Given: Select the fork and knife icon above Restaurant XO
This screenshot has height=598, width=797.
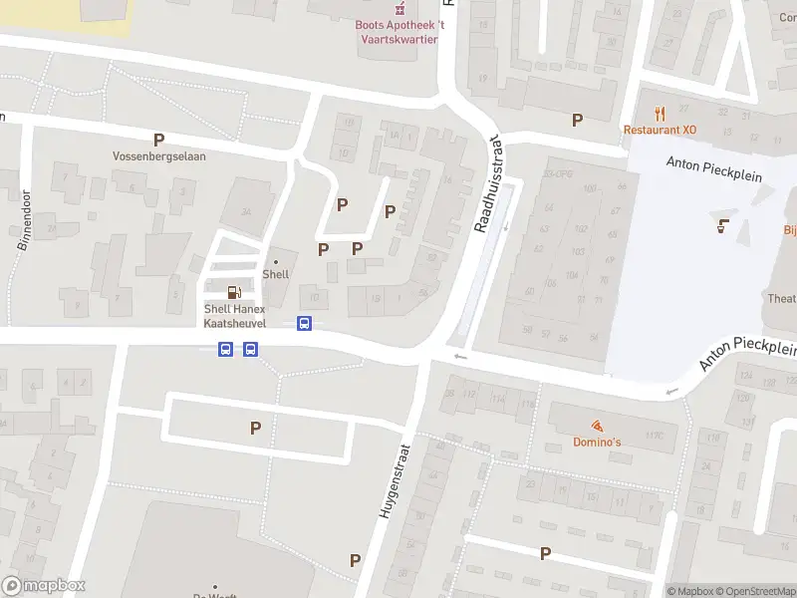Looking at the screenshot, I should [659, 113].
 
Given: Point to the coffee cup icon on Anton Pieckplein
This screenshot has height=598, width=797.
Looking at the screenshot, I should [721, 225].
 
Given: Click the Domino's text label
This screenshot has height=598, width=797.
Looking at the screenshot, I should [597, 442].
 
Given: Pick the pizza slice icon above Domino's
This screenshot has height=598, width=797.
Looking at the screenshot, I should [597, 425].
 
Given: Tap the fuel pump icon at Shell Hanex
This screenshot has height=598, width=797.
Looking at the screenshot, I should [234, 292].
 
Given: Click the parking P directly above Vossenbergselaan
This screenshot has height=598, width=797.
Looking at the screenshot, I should [157, 140].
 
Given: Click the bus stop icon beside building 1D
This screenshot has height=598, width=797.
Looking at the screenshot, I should [304, 323].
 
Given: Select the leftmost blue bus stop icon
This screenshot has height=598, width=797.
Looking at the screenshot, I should [226, 349].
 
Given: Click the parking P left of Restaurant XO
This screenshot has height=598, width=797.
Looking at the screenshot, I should [577, 120].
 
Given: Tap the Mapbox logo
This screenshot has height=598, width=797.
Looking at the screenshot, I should [44, 586].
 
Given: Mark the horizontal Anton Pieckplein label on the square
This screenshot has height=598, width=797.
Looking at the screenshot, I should [713, 173].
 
